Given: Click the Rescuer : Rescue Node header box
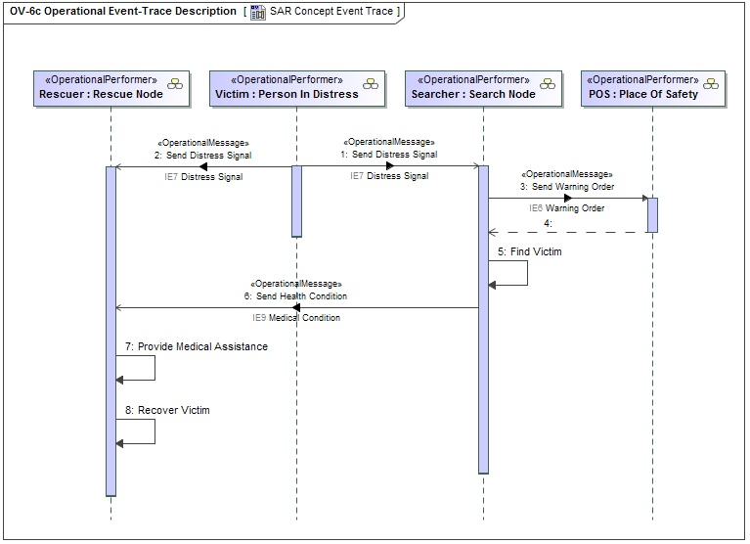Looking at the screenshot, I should tap(110, 87).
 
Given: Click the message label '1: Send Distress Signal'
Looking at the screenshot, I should tap(389, 155).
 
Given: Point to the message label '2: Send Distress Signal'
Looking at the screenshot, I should tap(202, 155).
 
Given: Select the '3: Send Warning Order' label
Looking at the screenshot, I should tap(567, 186).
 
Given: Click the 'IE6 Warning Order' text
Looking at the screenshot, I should tap(567, 208).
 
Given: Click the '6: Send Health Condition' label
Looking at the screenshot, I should tap(296, 295).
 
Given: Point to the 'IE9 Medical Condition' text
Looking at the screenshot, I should tap(296, 318).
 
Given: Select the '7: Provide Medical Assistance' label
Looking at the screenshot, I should tap(196, 346).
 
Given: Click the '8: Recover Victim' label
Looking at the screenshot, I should tap(167, 410).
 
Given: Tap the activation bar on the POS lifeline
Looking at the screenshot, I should tap(652, 215).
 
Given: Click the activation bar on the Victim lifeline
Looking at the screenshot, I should tap(296, 201).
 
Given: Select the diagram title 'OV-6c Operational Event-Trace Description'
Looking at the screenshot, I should tap(122, 12).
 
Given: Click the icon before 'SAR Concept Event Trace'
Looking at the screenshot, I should tap(257, 12).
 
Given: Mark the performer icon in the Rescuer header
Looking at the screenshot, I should tap(175, 84).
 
